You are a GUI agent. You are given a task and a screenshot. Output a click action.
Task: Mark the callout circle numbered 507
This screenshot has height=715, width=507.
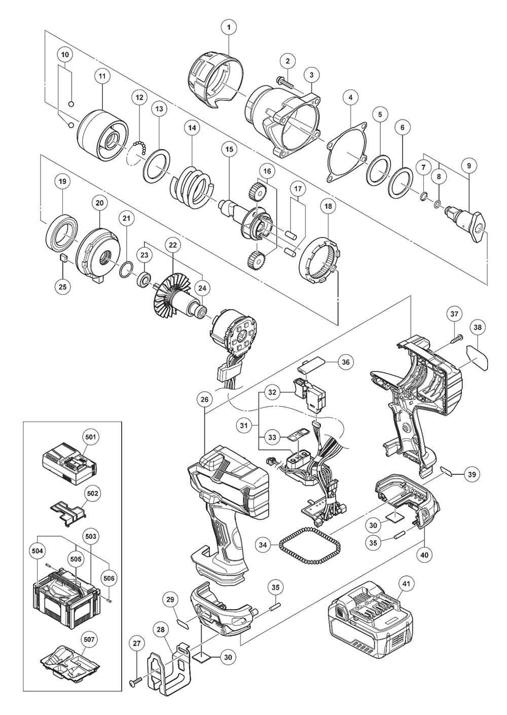tap(89, 640)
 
